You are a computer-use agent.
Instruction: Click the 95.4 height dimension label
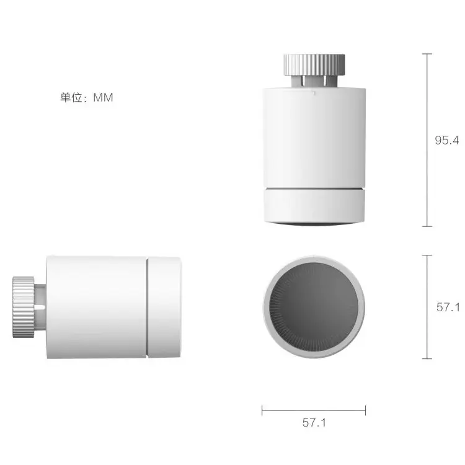tap(446, 140)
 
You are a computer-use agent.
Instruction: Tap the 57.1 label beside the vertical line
tap(448, 308)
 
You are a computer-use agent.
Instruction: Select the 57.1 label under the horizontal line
tap(314, 423)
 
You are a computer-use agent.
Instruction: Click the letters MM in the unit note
tap(103, 97)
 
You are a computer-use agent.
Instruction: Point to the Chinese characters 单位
tap(71, 97)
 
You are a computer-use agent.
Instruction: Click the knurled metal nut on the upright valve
tap(314, 64)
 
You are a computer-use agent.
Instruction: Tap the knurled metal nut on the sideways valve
tap(24, 307)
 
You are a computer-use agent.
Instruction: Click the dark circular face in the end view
tap(314, 307)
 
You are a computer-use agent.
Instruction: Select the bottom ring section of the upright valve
tap(314, 205)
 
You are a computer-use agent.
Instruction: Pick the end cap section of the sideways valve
tap(164, 307)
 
